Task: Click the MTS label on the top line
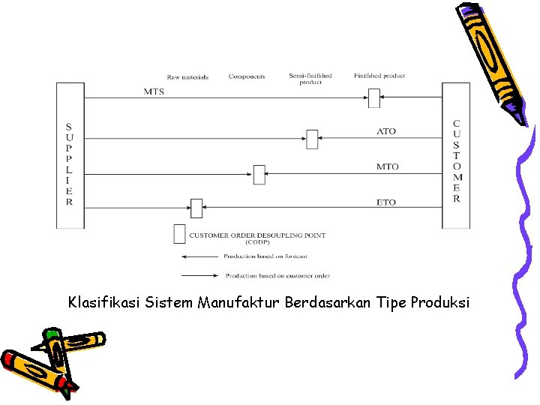(154, 92)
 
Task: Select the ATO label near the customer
(386, 131)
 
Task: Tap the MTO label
(387, 166)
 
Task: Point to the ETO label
(386, 202)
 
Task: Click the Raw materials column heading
(187, 76)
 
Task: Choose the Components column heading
(247, 76)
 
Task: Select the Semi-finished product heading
(310, 79)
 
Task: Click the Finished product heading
(379, 76)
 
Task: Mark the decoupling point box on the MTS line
(374, 98)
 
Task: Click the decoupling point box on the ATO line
(312, 139)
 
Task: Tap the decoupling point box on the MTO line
(259, 174)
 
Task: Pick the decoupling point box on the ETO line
(196, 208)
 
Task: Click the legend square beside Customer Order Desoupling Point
(179, 234)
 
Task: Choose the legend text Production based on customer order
(277, 275)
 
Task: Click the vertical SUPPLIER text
(69, 163)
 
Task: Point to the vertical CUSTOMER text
(457, 161)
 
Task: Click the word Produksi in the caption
(440, 303)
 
